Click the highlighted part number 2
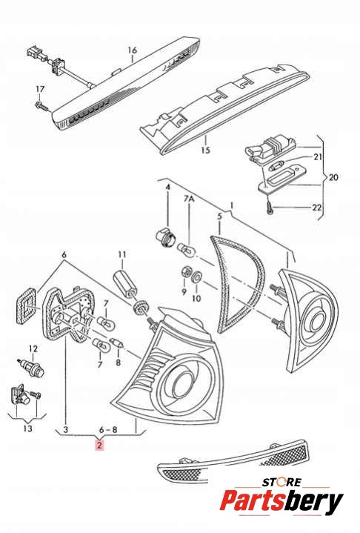[x=99, y=445]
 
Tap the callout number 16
[x=133, y=50]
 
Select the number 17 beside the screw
[x=40, y=89]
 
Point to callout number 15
[x=205, y=150]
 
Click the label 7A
[x=189, y=199]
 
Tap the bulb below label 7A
[x=187, y=249]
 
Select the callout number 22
[x=316, y=207]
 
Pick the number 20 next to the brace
[x=333, y=177]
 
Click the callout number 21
[x=318, y=156]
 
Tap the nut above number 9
[x=186, y=272]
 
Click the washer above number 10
[x=196, y=277]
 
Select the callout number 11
[x=122, y=254]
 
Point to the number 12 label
[x=33, y=348]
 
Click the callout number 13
[x=27, y=428]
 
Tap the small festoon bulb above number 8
[x=116, y=343]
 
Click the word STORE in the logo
[x=281, y=482]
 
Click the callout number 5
[x=219, y=216]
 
